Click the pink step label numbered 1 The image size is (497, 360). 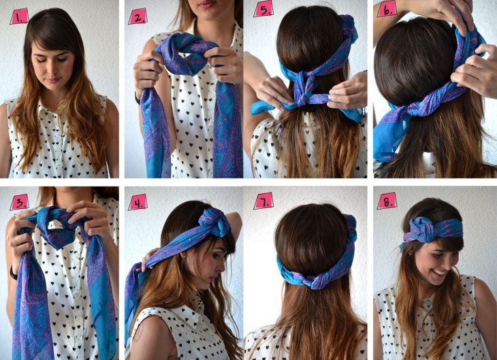point(19,16)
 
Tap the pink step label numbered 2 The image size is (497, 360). point(138,16)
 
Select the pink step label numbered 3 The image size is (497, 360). point(19,202)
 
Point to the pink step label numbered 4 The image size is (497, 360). point(138,202)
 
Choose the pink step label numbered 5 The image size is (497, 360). point(263,9)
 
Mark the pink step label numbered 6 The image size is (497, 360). point(387,9)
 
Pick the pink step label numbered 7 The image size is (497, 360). point(263,201)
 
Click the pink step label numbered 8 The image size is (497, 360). point(387,201)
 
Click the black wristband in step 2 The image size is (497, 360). point(137,99)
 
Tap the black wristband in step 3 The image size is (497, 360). point(13,273)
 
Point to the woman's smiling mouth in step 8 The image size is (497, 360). point(440,272)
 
